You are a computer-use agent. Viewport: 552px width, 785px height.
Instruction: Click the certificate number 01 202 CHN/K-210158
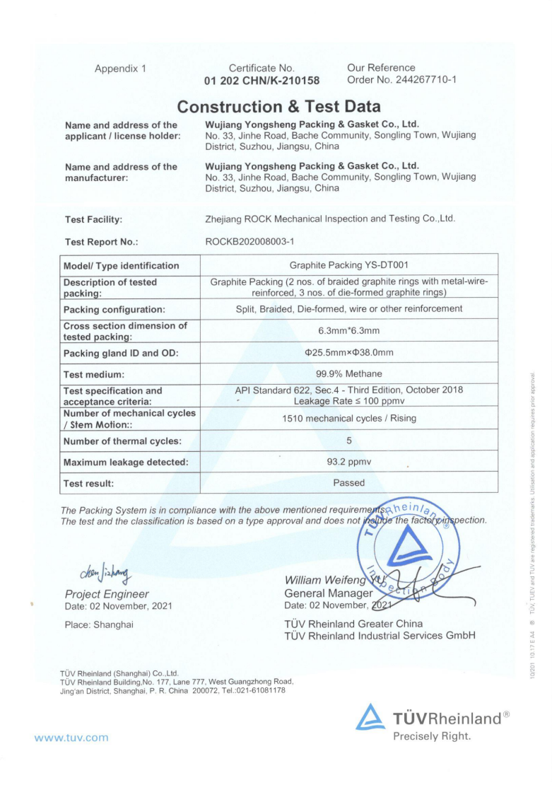point(262,81)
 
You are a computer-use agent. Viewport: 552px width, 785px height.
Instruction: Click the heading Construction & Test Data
point(278,107)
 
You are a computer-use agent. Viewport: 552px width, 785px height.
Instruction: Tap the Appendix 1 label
point(120,69)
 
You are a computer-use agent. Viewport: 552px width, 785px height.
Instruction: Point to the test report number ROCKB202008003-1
point(249,242)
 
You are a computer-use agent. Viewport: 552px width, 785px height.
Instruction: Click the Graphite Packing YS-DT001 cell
point(349,265)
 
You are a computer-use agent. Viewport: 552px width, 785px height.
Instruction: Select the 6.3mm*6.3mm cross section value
point(349,330)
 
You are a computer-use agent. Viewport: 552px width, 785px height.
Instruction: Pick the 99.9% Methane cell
point(349,374)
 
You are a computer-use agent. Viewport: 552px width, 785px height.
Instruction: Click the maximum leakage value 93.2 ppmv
point(349,462)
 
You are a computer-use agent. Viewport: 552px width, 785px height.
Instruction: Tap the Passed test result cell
point(349,483)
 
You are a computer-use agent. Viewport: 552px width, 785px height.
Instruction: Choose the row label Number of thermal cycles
point(122,441)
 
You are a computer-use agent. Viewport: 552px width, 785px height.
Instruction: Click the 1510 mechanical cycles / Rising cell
point(349,418)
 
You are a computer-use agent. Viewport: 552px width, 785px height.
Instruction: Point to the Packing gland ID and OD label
point(121,353)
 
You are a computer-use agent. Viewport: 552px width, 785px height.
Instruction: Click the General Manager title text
point(328,593)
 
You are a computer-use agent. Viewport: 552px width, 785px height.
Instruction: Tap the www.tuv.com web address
point(71,738)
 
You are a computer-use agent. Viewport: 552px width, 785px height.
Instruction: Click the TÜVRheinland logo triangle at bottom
point(370,718)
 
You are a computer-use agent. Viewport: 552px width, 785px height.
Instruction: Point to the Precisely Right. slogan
point(432,737)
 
